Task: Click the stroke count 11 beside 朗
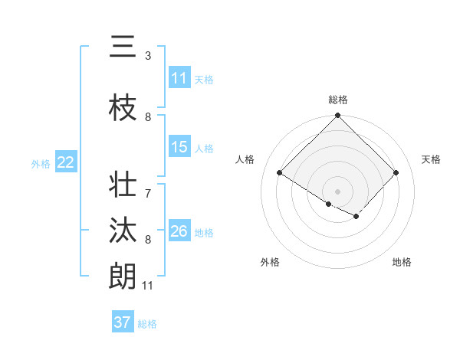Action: point(148,286)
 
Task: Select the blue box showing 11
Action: point(179,78)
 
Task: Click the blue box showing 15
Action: point(179,147)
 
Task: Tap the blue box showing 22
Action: point(65,162)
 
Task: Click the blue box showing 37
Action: point(123,322)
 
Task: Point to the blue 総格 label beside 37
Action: point(147,324)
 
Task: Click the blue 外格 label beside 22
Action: point(41,163)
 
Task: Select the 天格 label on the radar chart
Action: point(432,159)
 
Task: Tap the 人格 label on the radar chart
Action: point(245,159)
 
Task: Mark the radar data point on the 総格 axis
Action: point(337,116)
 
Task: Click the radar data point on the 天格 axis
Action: point(396,172)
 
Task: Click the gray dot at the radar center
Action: point(337,191)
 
